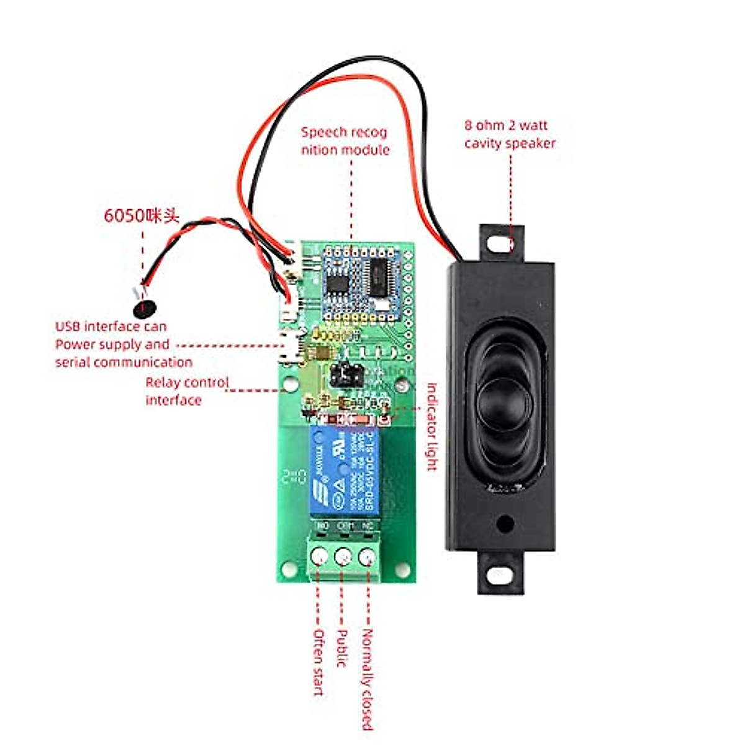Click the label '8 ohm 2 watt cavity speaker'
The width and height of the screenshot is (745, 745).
click(x=510, y=134)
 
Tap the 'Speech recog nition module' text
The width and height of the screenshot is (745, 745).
click(x=345, y=141)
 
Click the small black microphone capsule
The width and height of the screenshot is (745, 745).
click(x=145, y=307)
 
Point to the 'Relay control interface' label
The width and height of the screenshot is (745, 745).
click(x=187, y=391)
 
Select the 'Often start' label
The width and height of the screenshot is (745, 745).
click(x=318, y=662)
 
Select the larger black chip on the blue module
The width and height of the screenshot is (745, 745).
click(x=378, y=278)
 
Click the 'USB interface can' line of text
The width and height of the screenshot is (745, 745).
click(x=111, y=327)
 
